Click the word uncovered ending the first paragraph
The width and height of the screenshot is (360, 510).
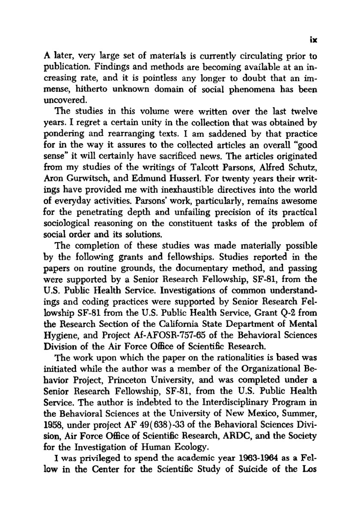pyautogui.click(x=63, y=101)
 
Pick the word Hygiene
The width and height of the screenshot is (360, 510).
pyautogui.click(x=60, y=335)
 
